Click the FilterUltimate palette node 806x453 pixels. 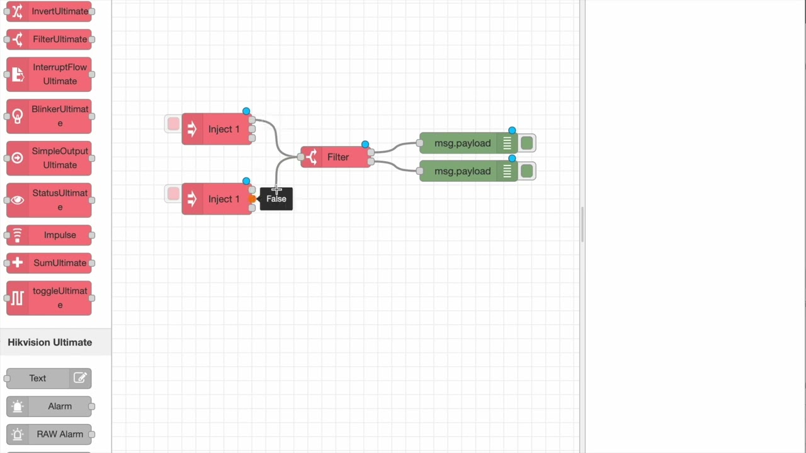(49, 39)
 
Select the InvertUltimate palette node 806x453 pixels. (49, 11)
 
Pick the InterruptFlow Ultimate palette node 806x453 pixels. (49, 74)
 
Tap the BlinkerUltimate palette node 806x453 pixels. (49, 116)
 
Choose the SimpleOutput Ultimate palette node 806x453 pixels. (49, 158)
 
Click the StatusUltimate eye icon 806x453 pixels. (18, 200)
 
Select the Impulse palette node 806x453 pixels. (49, 235)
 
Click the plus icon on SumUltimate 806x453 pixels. (18, 263)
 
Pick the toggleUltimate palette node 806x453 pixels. (49, 298)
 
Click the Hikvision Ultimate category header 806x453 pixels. (50, 342)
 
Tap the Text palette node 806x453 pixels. (38, 378)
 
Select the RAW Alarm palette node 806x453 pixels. (49, 434)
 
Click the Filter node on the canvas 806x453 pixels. (336, 157)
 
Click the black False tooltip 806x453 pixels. (276, 199)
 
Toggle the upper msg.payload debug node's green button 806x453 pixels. (527, 143)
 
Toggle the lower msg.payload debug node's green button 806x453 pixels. (527, 171)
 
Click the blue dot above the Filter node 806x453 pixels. (365, 145)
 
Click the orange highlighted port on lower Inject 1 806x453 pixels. (252, 199)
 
